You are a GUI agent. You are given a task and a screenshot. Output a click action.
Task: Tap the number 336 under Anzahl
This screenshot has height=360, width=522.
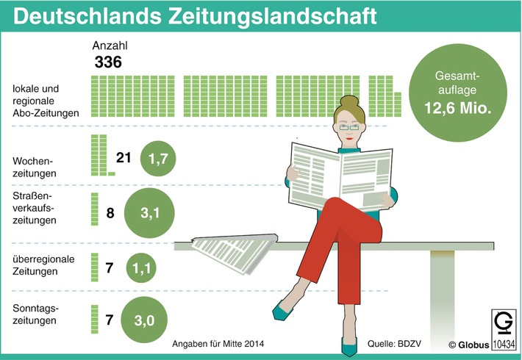108,62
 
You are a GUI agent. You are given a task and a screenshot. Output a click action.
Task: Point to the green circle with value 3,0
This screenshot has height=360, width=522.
151,320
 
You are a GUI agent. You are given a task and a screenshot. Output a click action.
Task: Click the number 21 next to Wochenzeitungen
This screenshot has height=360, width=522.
124,158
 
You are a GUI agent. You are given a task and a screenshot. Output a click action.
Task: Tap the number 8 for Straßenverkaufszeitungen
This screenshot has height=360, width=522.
110,214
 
